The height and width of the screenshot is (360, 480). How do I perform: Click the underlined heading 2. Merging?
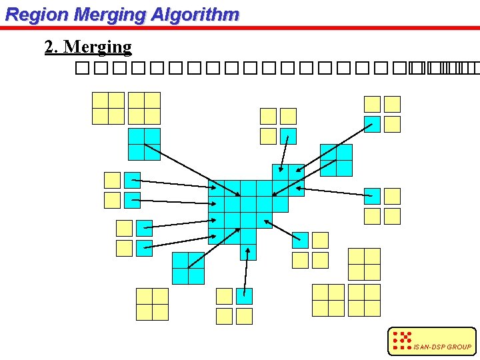tap(88, 47)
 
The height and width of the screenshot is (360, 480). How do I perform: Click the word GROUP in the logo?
tap(459, 347)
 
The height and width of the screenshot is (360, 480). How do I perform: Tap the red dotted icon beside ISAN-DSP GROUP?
tap(402, 341)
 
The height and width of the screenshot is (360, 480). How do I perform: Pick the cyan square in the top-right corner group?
tap(372, 124)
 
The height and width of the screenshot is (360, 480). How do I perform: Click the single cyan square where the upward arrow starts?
tap(245, 296)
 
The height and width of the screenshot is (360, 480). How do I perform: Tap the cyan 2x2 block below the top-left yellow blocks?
tap(145, 145)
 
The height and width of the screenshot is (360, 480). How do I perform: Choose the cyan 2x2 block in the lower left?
tap(188, 268)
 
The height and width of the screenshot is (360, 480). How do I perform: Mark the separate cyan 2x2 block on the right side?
tap(336, 160)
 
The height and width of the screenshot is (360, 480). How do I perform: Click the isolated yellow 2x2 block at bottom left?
tap(152, 304)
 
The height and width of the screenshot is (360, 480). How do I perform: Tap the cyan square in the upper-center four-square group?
tap(288, 136)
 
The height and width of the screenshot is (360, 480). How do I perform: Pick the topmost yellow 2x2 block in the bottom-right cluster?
tap(364, 264)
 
